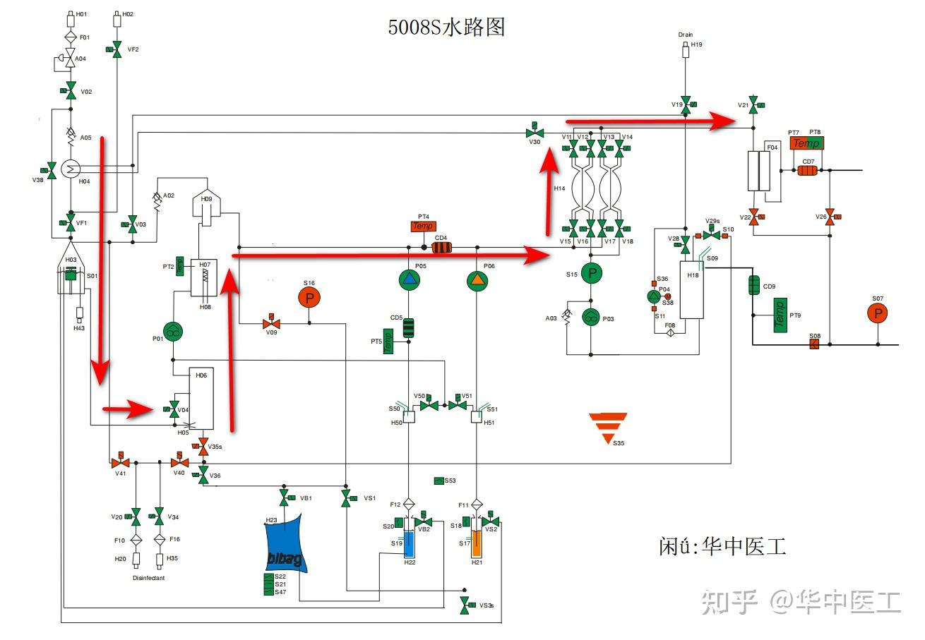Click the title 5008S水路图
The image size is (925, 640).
(x=446, y=28)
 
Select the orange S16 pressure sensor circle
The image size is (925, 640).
(x=309, y=298)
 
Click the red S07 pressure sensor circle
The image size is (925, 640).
(x=878, y=313)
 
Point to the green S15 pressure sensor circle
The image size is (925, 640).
(x=592, y=274)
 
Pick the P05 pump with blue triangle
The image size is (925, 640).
(x=410, y=280)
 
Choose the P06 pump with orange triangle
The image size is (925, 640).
(x=478, y=280)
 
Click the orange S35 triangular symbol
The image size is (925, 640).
(x=608, y=427)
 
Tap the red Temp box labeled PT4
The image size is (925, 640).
(x=424, y=227)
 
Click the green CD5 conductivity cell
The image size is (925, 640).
(x=408, y=327)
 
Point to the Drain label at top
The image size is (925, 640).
(x=685, y=35)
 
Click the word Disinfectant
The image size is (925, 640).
(x=148, y=578)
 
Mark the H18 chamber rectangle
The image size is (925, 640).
(x=691, y=289)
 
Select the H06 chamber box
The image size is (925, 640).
(x=201, y=399)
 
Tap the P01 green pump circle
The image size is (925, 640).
(x=173, y=331)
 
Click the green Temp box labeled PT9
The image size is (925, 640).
(x=780, y=313)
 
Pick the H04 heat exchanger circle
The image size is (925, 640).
(x=70, y=168)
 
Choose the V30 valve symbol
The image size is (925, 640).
(x=535, y=132)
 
